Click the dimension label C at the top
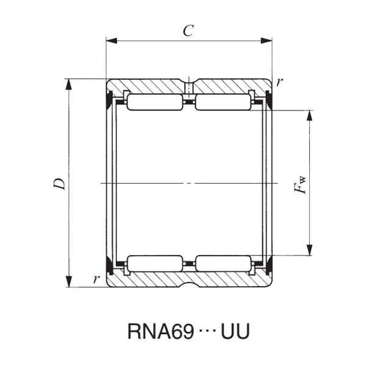pyautogui.click(x=188, y=31)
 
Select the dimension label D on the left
pyautogui.click(x=59, y=183)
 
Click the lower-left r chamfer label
pyautogui.click(x=96, y=280)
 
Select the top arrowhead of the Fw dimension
pyautogui.click(x=310, y=115)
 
